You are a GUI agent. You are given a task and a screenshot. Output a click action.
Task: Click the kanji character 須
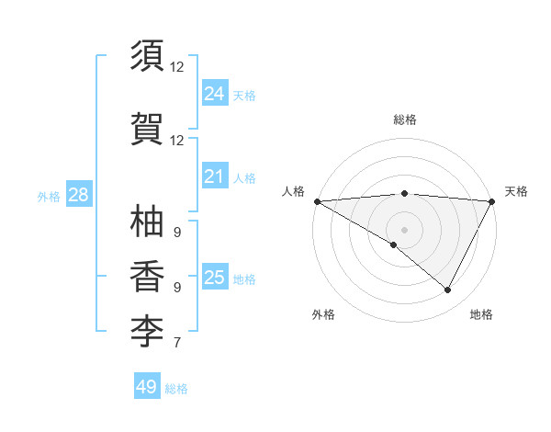(x=148, y=56)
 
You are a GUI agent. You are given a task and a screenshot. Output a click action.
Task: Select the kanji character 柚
(x=148, y=222)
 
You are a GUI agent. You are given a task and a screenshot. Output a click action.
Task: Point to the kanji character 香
(x=148, y=276)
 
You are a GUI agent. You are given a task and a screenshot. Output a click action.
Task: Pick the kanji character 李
(x=148, y=329)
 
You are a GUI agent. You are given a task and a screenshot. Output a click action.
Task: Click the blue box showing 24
(x=214, y=93)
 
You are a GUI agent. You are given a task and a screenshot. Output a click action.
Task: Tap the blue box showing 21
(x=214, y=176)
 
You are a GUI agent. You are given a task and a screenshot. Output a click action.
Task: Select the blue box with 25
(x=214, y=278)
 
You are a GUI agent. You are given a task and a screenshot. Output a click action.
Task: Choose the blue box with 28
(x=78, y=195)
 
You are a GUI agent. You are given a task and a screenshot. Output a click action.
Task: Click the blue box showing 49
(x=147, y=387)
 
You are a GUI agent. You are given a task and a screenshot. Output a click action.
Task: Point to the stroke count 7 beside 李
(x=176, y=344)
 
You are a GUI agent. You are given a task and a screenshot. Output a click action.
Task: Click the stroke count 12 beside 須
(x=176, y=67)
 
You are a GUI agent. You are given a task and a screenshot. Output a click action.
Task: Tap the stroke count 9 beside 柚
(x=176, y=232)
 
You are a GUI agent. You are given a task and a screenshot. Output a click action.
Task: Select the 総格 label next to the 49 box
(x=176, y=389)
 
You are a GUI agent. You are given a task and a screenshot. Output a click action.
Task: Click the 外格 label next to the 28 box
(x=49, y=196)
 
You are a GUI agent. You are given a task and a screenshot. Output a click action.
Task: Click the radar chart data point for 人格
(x=316, y=201)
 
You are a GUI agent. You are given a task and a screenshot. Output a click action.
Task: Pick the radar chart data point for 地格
(x=448, y=290)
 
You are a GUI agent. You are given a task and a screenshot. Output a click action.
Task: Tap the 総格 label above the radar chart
(x=404, y=119)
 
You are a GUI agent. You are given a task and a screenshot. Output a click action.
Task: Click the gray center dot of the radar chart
(x=404, y=229)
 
